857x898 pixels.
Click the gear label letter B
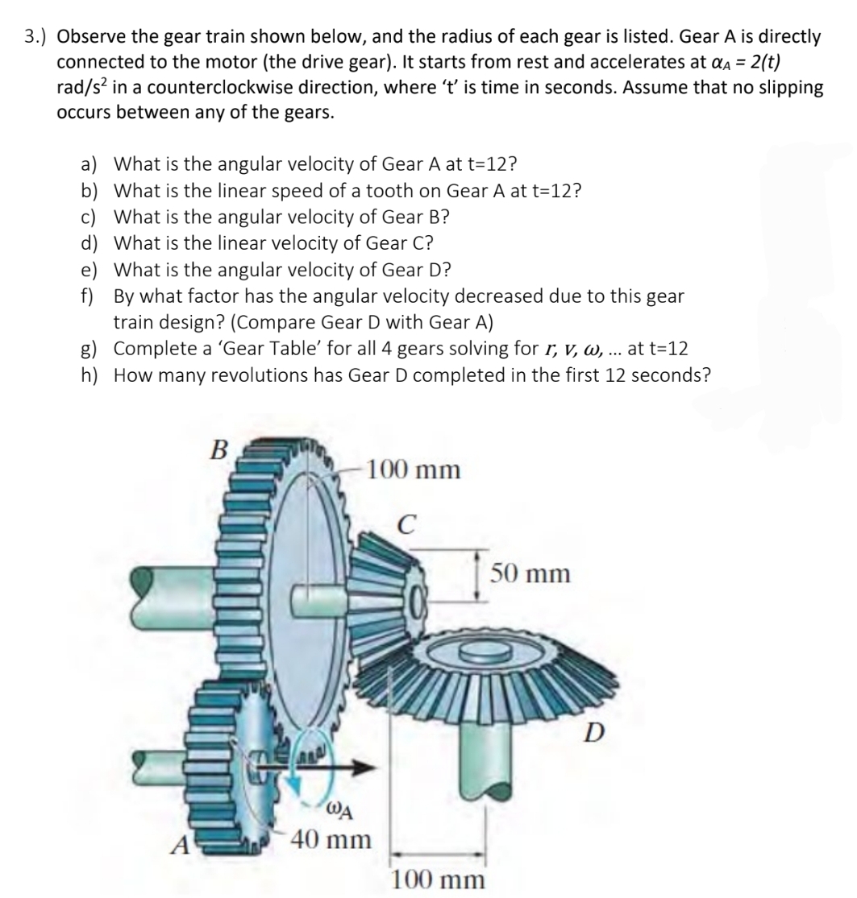click(x=217, y=449)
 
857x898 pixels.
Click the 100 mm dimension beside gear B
click(x=413, y=469)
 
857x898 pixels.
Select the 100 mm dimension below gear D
click(x=439, y=879)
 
